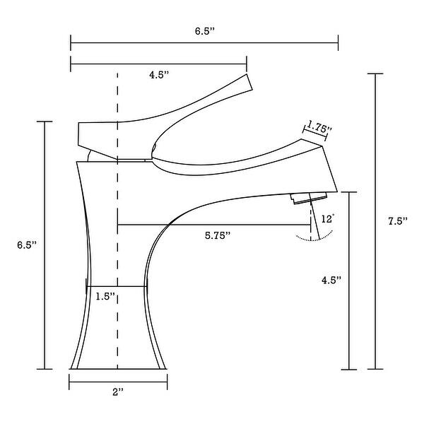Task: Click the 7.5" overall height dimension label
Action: point(399,221)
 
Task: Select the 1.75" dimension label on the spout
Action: point(319,128)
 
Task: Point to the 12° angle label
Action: point(327,220)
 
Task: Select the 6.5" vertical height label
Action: point(27,245)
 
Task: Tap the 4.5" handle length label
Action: point(159,74)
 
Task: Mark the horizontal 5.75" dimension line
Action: point(212,225)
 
